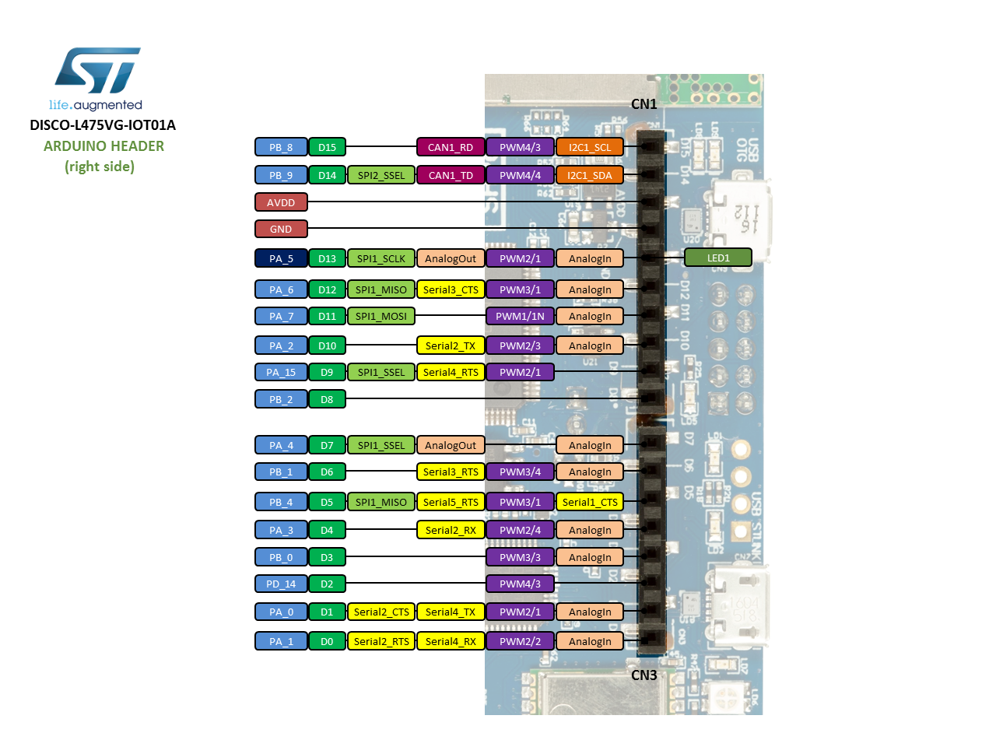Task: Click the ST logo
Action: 97,71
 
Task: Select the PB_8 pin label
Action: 281,147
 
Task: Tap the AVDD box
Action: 281,202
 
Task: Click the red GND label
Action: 281,229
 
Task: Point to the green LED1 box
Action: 718,258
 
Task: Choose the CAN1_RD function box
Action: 451,147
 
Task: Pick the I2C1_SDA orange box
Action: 590,175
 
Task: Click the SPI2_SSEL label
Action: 381,175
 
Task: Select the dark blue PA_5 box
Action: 281,258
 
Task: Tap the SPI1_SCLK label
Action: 381,258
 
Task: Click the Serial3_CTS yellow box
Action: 451,289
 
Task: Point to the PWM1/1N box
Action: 520,316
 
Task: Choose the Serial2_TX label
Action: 451,345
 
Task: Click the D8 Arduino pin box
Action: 327,399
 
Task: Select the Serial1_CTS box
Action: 590,502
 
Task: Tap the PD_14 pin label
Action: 281,584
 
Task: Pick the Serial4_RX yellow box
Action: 451,641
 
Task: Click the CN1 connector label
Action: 644,104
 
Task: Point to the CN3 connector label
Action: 644,675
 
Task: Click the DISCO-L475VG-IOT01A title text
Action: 103,125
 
